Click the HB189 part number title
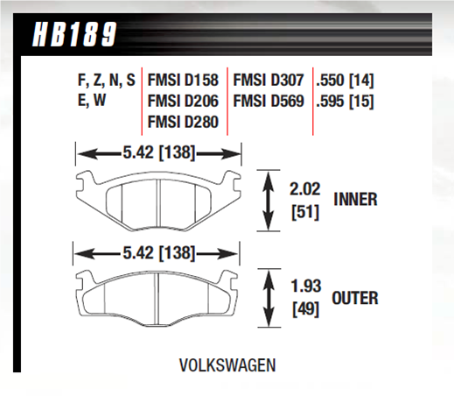[x=74, y=34]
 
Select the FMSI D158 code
[x=183, y=80]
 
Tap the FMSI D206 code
[x=183, y=101]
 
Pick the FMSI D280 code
[x=183, y=122]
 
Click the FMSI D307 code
[x=269, y=80]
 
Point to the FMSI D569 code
[x=269, y=101]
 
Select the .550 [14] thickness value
[x=345, y=81]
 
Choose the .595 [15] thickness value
[x=345, y=102]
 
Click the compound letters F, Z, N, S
[x=107, y=81]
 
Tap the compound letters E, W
[x=92, y=101]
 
